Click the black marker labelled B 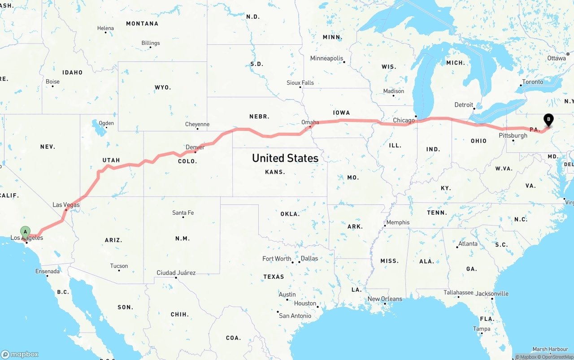[548, 120]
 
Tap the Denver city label [195, 147]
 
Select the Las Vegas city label [66, 205]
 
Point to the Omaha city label [310, 122]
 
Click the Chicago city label [404, 120]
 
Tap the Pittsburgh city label [513, 135]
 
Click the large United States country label [285, 158]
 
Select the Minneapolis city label [326, 58]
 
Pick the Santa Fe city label [183, 213]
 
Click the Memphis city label [398, 222]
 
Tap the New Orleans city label [385, 299]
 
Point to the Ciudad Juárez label [176, 273]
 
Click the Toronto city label [532, 82]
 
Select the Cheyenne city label [197, 124]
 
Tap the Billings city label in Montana [151, 43]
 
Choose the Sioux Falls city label [300, 83]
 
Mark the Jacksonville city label [492, 294]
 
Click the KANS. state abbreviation [275, 172]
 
